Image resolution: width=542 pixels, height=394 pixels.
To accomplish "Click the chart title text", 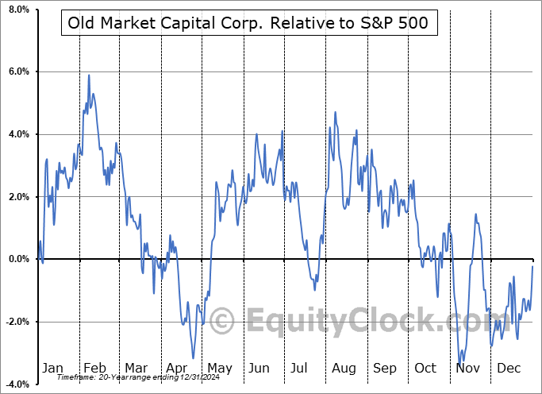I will point(248,23).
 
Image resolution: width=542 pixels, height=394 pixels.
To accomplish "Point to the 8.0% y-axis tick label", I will point(17,10).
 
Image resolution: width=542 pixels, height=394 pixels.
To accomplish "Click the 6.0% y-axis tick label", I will point(17,71).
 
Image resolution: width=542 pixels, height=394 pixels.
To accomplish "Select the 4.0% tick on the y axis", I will point(17,134).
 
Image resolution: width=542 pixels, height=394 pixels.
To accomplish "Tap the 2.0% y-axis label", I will point(17,197).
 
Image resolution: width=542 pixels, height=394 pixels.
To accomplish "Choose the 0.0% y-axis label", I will point(17,259).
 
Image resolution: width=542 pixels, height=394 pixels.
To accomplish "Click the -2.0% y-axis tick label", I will point(16,322).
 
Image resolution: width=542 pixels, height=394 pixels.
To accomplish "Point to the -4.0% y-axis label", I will point(16,384).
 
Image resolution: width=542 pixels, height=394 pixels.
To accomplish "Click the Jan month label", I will point(52,368).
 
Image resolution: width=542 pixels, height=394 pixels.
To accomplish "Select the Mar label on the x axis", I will point(136,368).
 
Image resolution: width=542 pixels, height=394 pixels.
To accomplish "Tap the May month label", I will point(219,368).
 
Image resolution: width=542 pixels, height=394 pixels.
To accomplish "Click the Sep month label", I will point(385,368).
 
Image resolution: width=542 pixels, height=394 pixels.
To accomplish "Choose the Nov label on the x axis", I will point(468,368).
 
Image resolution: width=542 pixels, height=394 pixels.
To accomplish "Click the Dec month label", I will point(509,368).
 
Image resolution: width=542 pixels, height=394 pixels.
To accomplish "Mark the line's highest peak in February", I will point(89,75).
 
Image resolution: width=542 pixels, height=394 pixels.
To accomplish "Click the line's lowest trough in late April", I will point(192,357).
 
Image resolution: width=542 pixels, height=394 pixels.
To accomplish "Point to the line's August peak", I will point(336,113).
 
